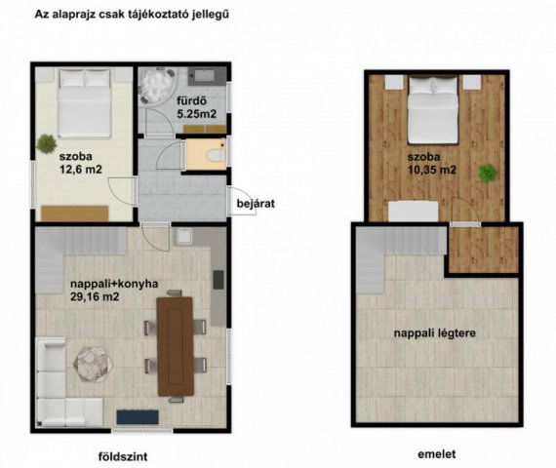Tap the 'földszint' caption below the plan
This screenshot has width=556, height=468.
[124, 455]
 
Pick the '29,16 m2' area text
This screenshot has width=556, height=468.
[95, 300]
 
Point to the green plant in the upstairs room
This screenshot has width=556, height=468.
[487, 174]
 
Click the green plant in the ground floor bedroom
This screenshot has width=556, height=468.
[46, 144]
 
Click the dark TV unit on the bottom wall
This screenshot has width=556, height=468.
[142, 417]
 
